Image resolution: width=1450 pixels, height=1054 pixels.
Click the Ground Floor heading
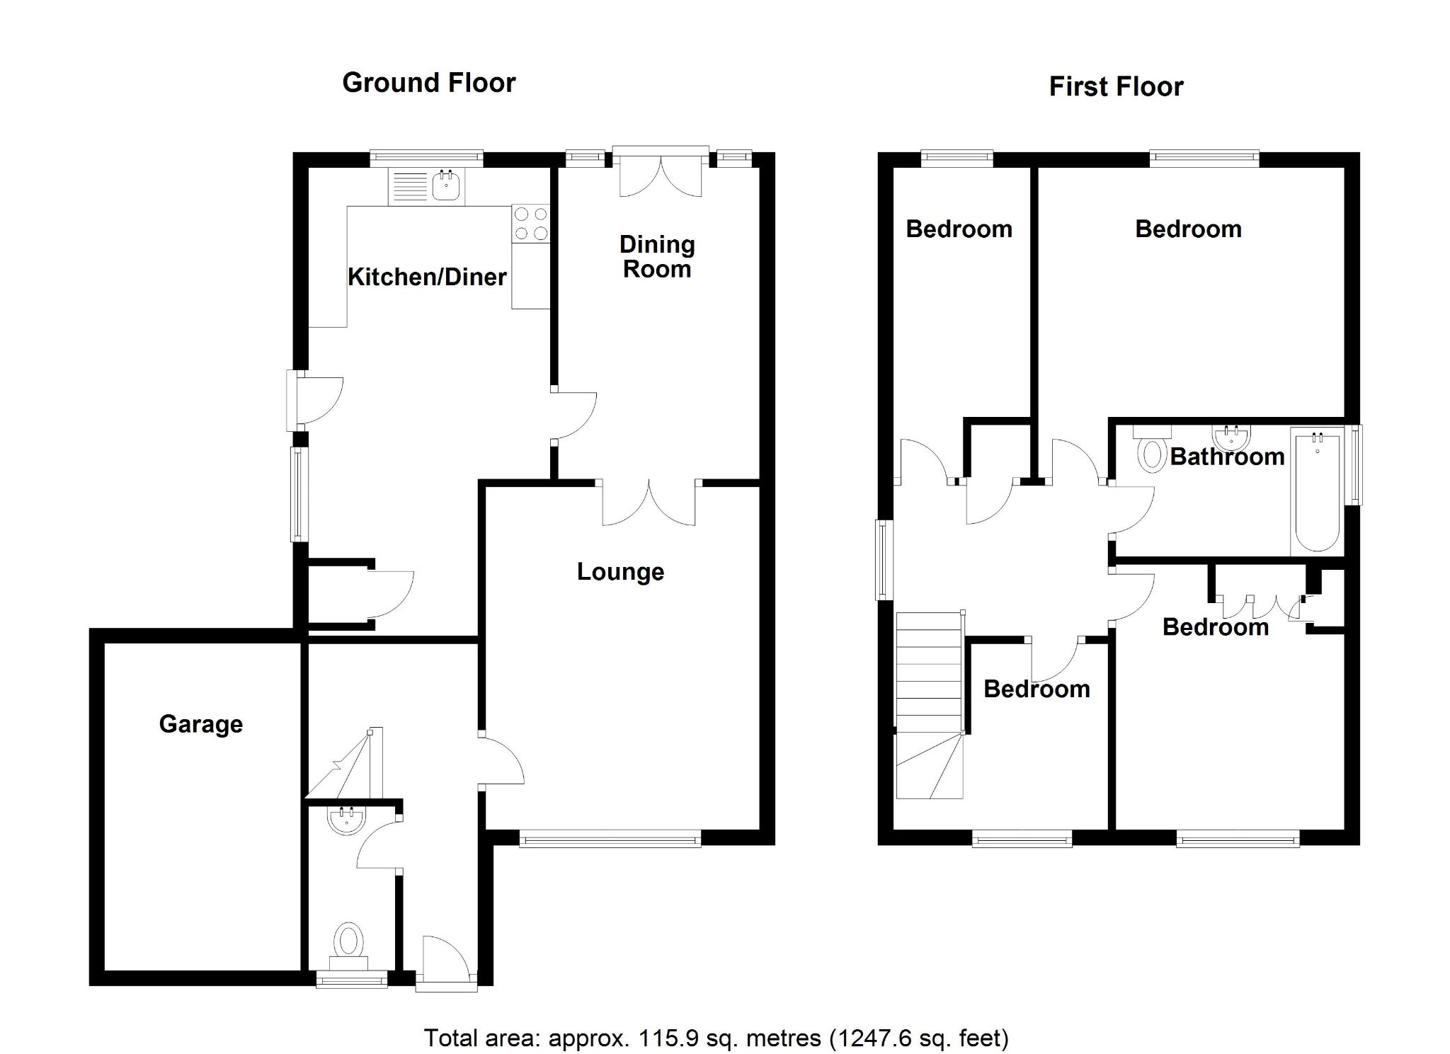pyautogui.click(x=429, y=83)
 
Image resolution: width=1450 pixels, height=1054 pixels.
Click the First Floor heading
pyautogui.click(x=1116, y=87)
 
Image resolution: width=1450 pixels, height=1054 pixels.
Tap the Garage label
pyautogui.click(x=201, y=724)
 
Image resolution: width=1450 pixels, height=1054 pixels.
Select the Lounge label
pyautogui.click(x=620, y=572)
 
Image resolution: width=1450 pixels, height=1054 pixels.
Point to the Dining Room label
pyautogui.click(x=657, y=257)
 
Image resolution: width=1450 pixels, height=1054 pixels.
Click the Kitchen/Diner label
pyautogui.click(x=427, y=277)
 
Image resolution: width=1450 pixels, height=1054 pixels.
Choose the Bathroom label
pyautogui.click(x=1227, y=457)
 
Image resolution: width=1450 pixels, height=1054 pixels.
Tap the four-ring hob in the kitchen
pyautogui.click(x=531, y=223)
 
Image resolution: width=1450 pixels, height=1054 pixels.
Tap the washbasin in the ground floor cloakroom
pyautogui.click(x=347, y=821)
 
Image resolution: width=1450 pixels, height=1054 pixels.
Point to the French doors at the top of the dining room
pyautogui.click(x=660, y=173)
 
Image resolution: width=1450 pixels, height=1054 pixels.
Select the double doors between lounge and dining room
pyautogui.click(x=649, y=504)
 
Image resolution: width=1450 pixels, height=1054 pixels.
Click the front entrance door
pyautogui.click(x=446, y=963)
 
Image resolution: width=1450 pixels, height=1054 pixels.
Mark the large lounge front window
pyautogui.click(x=610, y=840)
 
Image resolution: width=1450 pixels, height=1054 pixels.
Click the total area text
pyautogui.click(x=716, y=1038)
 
